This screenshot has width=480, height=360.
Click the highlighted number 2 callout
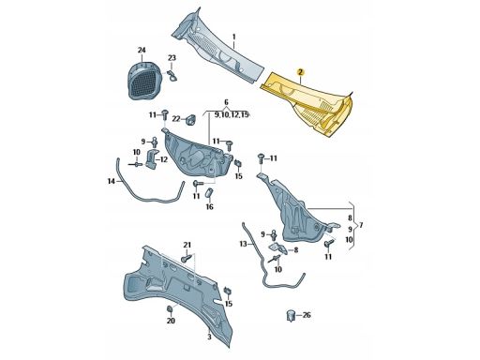pyautogui.click(x=300, y=72)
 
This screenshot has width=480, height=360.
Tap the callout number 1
pyautogui.click(x=234, y=37)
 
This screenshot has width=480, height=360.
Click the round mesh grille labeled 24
pyautogui.click(x=143, y=81)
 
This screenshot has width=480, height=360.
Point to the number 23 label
pyautogui.click(x=172, y=58)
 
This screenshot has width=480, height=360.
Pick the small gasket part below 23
pyautogui.click(x=172, y=76)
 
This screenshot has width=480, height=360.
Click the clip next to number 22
pyautogui.click(x=189, y=120)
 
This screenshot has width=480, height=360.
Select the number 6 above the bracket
pyautogui.click(x=226, y=102)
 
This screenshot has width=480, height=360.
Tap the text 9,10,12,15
pyautogui.click(x=232, y=115)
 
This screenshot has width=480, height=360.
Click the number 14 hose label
pyautogui.click(x=112, y=181)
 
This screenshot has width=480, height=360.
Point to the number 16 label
pyautogui.click(x=209, y=206)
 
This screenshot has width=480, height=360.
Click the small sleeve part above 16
pyautogui.click(x=209, y=193)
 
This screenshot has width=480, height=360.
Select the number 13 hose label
pyautogui.click(x=244, y=244)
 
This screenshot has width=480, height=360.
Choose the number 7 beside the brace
pyautogui.click(x=361, y=225)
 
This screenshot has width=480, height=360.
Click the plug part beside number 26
pyautogui.click(x=291, y=316)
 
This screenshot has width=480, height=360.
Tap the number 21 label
pyautogui.click(x=187, y=245)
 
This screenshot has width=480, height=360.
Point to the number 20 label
pyautogui.click(x=171, y=321)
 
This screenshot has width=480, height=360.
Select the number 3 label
pyautogui.click(x=209, y=337)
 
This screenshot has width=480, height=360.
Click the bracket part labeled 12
pyautogui.click(x=151, y=159)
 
